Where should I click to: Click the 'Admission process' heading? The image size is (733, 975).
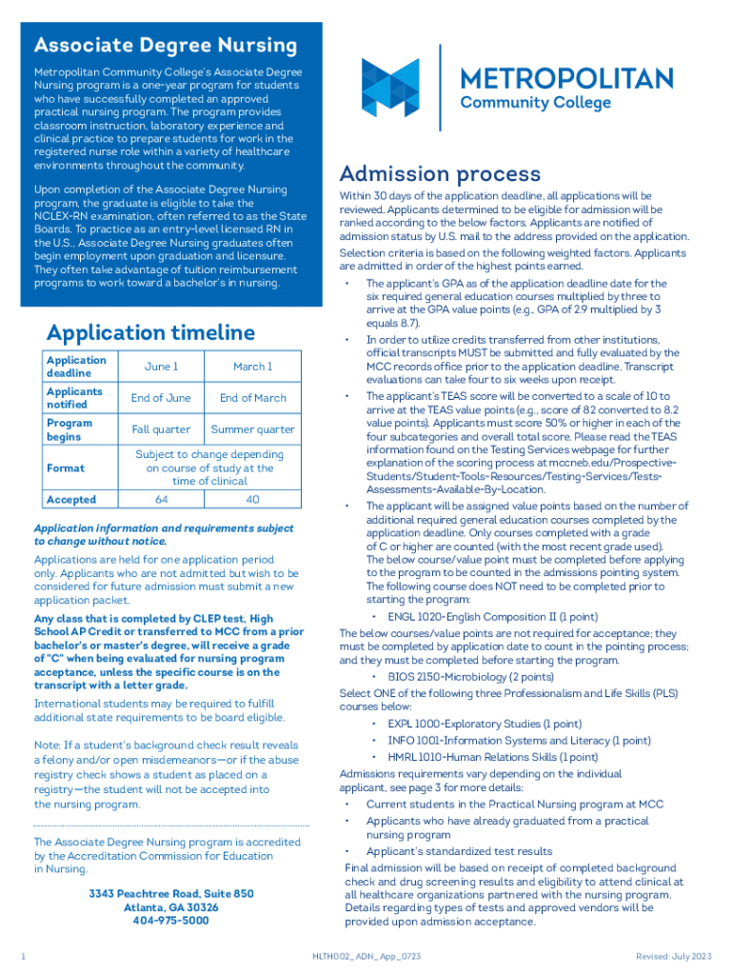coord(440,174)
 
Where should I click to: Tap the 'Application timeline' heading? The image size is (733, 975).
coord(150,332)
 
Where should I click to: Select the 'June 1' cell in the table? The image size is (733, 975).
coord(161,367)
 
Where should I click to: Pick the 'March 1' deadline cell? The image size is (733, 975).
coord(252,367)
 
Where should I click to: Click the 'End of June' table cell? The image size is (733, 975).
coord(161,398)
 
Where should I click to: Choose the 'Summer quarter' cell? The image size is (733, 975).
coord(252,429)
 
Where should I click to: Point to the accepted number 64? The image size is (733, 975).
coord(161,500)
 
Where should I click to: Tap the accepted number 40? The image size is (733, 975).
coord(252,500)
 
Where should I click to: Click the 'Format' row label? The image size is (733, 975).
coord(65,468)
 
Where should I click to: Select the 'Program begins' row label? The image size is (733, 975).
coord(69,429)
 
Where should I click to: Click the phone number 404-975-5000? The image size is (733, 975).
coord(171,921)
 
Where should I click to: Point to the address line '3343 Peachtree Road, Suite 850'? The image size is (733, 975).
coord(171,894)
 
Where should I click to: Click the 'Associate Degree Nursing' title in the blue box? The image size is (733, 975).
coord(166,46)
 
